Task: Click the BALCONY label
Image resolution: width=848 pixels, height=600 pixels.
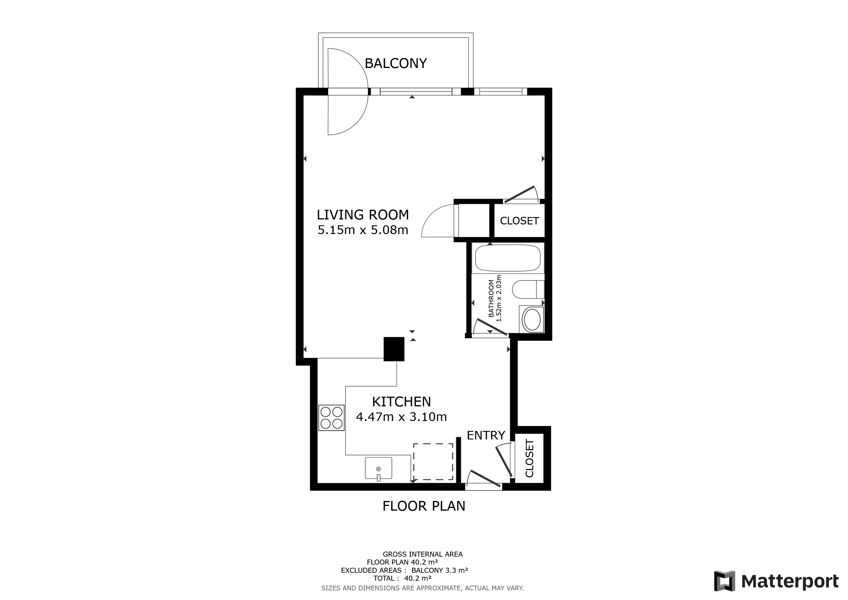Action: [x=396, y=64]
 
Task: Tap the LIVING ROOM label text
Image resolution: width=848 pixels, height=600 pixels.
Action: [x=363, y=215]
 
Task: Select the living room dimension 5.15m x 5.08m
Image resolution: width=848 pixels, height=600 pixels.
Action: [x=363, y=230]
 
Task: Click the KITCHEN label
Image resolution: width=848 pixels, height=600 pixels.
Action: [x=401, y=402]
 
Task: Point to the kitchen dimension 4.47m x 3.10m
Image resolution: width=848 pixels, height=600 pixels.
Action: [x=401, y=417]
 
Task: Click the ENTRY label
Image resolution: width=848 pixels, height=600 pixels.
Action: [x=486, y=435]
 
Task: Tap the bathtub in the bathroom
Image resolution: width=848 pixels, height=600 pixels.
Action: [x=508, y=258]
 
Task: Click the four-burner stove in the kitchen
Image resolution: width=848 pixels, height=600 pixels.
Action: [x=331, y=417]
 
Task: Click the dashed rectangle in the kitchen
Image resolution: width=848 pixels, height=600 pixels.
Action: [x=433, y=462]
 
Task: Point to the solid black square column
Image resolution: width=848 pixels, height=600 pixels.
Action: [x=394, y=349]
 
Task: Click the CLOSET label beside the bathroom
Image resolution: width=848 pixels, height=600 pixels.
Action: [x=519, y=221]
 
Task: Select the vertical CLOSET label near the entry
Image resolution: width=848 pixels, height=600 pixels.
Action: [x=529, y=458]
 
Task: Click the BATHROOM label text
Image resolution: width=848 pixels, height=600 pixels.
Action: [x=491, y=299]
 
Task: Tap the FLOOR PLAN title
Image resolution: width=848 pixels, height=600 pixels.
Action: [x=424, y=506]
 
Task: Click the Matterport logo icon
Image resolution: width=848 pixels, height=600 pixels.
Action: [x=724, y=581]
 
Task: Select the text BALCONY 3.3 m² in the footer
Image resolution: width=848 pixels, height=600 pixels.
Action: [x=440, y=570]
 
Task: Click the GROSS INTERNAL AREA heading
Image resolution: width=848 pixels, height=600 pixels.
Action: [x=423, y=554]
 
